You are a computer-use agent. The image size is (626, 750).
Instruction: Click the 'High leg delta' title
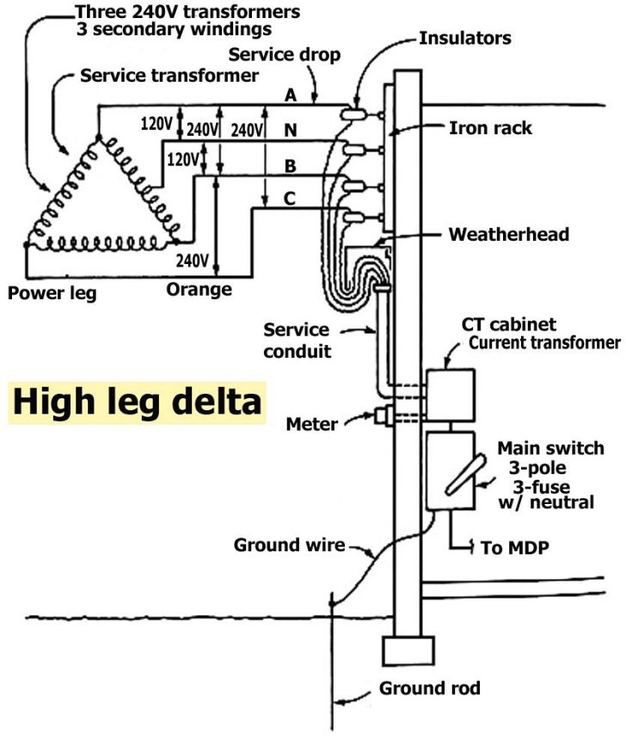pos(136,402)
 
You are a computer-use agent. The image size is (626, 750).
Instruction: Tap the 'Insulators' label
pos(465,39)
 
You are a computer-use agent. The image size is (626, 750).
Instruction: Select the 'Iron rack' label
pos(490,128)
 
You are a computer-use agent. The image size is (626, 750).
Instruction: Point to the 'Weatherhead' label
pos(508,234)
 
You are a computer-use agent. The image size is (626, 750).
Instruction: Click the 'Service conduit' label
pos(296,340)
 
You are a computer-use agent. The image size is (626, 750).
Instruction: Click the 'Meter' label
pos(312,423)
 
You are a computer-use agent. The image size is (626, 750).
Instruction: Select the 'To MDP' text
pos(516,549)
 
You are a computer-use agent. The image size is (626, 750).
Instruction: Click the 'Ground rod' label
pos(429,689)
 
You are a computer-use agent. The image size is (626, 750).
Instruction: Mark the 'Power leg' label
pos(52,292)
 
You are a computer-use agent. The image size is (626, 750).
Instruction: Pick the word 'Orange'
pos(199,289)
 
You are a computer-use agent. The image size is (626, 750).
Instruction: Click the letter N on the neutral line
pos(291,131)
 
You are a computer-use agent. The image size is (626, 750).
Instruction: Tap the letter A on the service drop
pos(291,95)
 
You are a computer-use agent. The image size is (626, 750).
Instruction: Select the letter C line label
pos(290,199)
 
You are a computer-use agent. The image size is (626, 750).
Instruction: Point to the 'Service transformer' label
pos(169,76)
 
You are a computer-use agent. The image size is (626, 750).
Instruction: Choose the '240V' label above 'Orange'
pos(192,261)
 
